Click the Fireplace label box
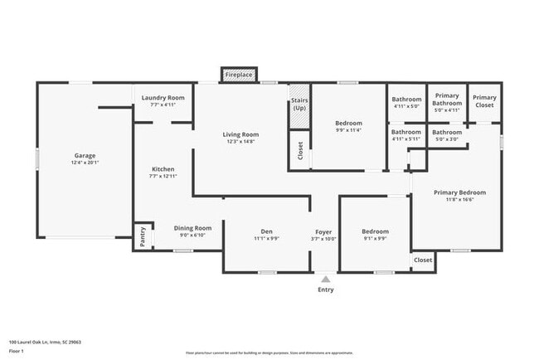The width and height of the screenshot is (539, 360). tap(240, 75)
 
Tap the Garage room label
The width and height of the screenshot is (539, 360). tap(85, 155)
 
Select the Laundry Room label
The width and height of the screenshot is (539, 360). tap(163, 98)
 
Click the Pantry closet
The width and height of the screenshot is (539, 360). tap(142, 236)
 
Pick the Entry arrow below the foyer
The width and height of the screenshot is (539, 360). tap(325, 279)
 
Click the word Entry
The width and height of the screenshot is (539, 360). tap(325, 289)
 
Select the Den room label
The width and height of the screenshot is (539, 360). tap(266, 231)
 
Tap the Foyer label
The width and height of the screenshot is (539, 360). tap(324, 231)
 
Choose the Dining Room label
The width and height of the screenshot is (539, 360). tap(192, 228)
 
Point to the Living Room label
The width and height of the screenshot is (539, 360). tap(240, 134)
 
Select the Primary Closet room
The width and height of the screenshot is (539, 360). tap(484, 101)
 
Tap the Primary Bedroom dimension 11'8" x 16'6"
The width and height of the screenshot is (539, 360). tap(460, 200)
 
